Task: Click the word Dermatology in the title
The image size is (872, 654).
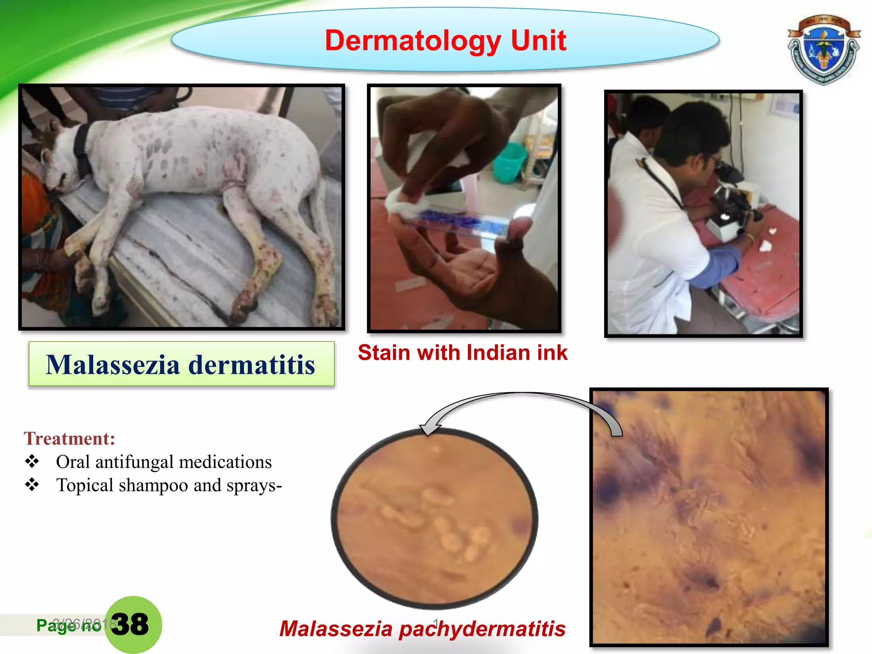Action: (413, 41)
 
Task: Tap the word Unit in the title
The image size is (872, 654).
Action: (538, 41)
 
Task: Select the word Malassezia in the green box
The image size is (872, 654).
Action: (113, 365)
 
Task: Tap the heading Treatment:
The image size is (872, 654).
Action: (69, 439)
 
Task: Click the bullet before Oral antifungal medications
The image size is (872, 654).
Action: (32, 462)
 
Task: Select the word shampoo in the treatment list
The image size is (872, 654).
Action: (153, 485)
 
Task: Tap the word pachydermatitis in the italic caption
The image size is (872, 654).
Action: (482, 629)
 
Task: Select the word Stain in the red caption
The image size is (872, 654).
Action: (384, 353)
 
